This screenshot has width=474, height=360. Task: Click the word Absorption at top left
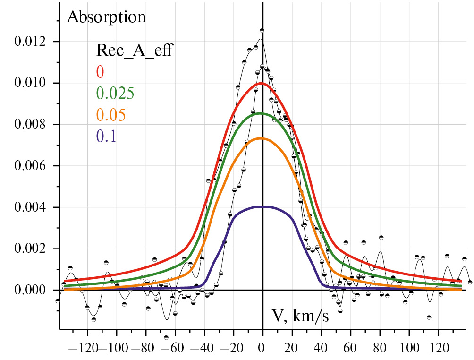pos(106,17)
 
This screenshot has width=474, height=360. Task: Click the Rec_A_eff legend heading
pos(134,50)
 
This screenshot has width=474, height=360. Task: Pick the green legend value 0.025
pos(116,93)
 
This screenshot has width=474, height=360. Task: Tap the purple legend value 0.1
pos(106,137)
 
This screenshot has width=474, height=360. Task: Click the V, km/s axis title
pos(300,315)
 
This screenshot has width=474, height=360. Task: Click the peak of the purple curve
pos(262,206)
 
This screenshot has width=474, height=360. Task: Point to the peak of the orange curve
pos(262,138)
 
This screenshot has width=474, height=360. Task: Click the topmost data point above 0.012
pos(262,30)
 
